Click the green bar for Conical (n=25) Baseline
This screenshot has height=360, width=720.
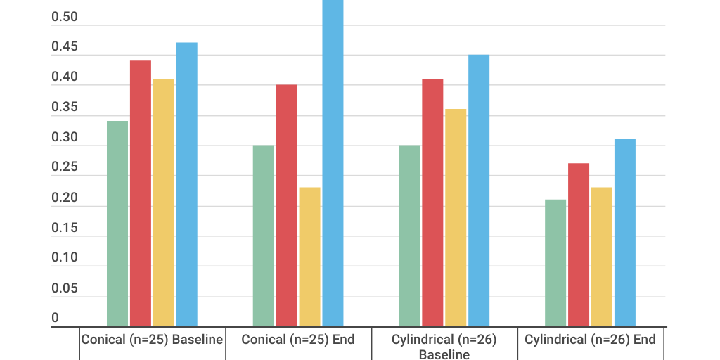coord(117,224)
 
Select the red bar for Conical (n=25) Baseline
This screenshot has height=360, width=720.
coord(141,193)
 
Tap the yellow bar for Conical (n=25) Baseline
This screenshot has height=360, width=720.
coord(164,202)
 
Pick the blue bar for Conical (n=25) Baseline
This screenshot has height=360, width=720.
coord(187,184)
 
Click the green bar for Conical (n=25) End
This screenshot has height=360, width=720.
coord(264,236)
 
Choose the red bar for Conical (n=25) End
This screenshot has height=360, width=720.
coord(287,205)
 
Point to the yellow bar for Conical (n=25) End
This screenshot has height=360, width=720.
coord(310,257)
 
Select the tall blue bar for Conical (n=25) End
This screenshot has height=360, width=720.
coord(333,163)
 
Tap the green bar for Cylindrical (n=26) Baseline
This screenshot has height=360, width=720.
coord(410,236)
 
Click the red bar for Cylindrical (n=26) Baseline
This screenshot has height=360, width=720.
coord(433,202)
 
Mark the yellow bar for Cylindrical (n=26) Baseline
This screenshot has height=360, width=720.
coord(456,217)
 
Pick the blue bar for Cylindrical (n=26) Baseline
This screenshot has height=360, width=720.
coord(480,191)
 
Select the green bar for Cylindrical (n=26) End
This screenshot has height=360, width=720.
coord(555,263)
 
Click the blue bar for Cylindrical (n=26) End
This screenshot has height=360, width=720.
coord(625,233)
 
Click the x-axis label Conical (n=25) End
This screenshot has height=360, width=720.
coord(298,340)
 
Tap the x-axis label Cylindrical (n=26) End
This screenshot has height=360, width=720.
coord(591,340)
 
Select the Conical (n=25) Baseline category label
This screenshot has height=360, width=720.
coord(152,340)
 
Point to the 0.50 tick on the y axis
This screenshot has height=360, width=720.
coord(65,18)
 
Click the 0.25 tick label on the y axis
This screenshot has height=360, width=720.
coord(65,168)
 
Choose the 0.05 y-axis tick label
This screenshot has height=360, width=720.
coord(65,288)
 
